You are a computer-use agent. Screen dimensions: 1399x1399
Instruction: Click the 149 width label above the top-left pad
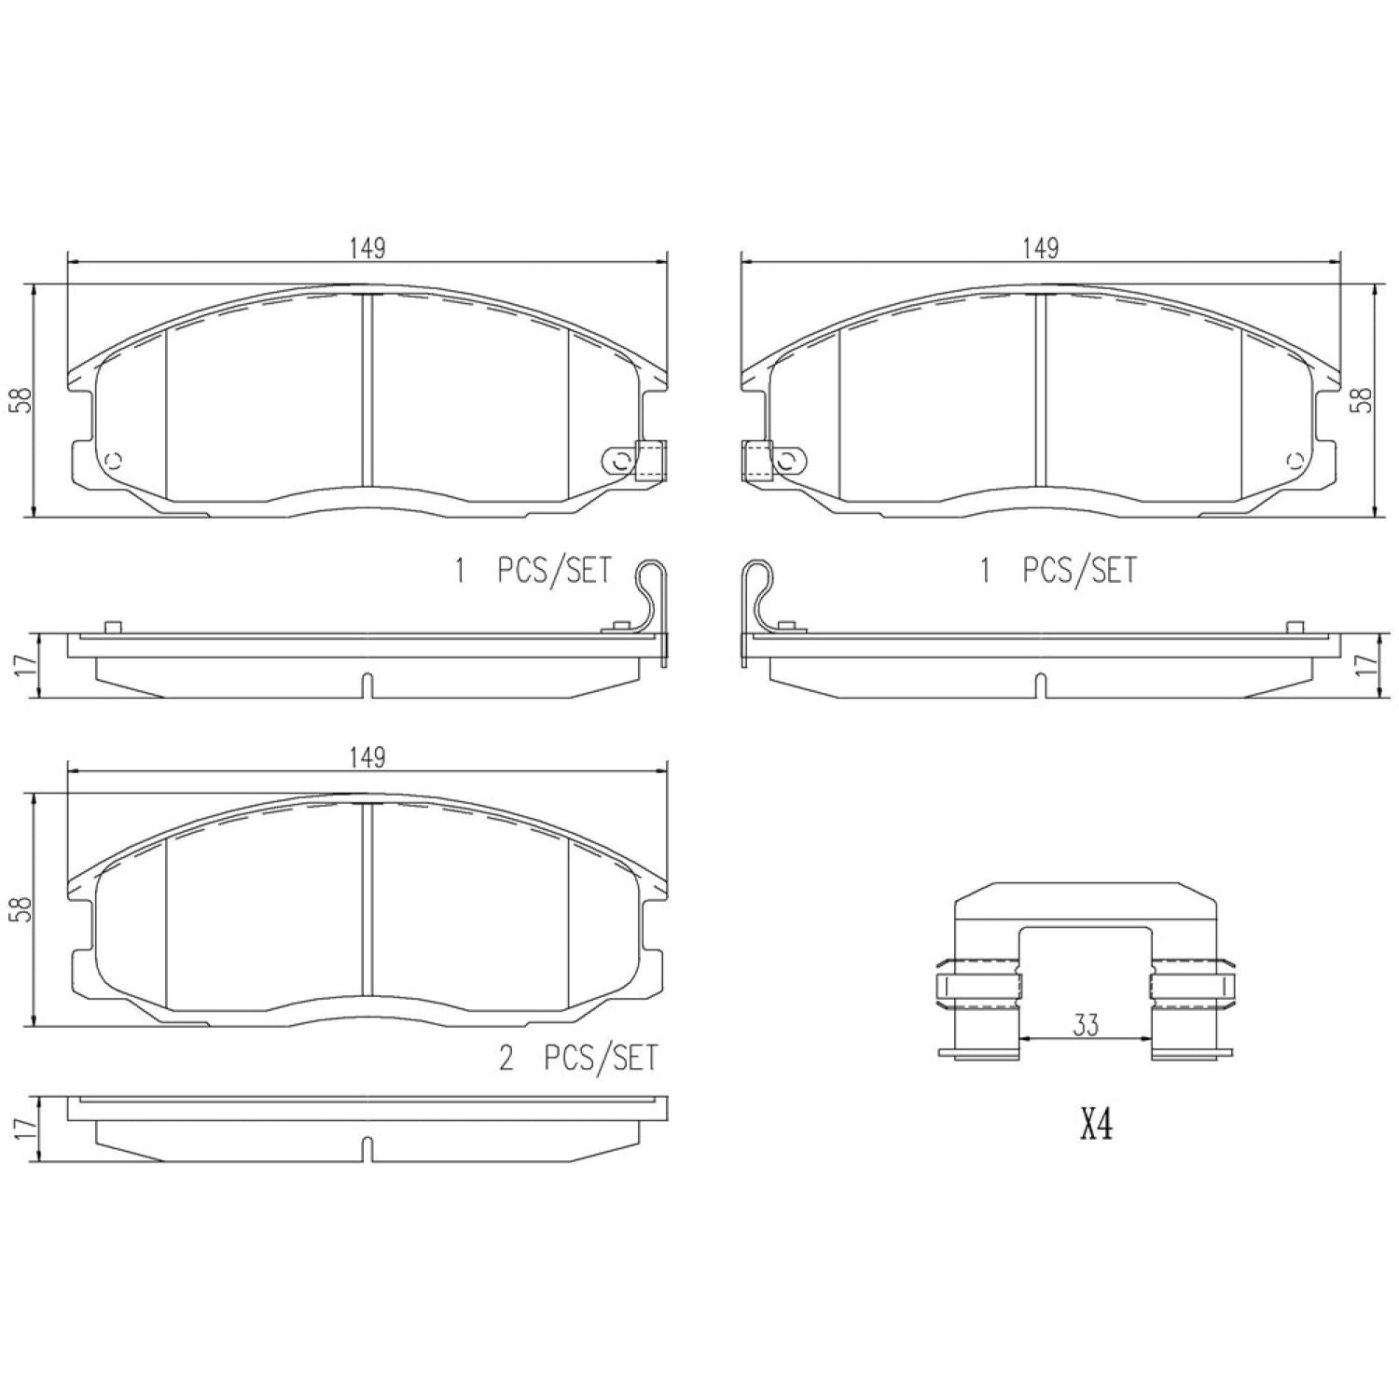pyautogui.click(x=367, y=248)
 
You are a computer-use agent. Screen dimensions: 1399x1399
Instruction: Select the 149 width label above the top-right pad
pyautogui.click(x=1040, y=248)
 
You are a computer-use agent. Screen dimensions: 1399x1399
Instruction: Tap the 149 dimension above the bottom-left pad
pyautogui.click(x=367, y=757)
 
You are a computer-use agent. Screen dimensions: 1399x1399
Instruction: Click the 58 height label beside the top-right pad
pyautogui.click(x=1364, y=400)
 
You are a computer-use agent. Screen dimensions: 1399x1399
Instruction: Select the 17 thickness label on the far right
pyautogui.click(x=1364, y=664)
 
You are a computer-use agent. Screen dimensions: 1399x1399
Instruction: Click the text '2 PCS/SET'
pyautogui.click(x=578, y=1059)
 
